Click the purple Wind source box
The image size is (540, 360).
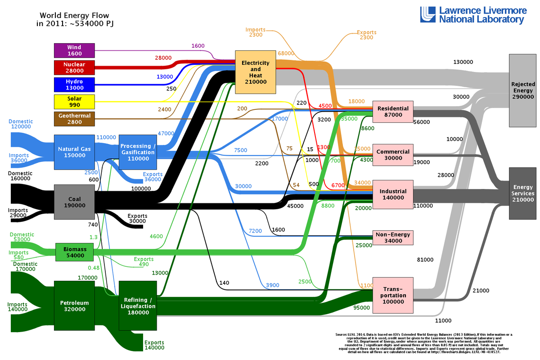[74, 50]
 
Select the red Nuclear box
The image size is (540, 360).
[74, 67]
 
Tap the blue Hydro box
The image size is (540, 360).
[74, 85]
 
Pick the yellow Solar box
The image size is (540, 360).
[74, 102]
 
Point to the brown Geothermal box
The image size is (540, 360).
[74, 119]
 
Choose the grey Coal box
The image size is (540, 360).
[74, 202]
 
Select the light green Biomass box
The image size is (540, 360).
[74, 252]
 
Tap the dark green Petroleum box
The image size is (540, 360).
[74, 306]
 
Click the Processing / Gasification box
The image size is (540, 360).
[138, 149]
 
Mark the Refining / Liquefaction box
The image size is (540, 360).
[138, 306]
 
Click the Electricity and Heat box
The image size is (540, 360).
[255, 72]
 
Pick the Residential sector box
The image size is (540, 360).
[393, 112]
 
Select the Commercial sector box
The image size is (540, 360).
[393, 155]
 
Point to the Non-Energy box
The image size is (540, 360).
[393, 238]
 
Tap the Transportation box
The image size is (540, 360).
[393, 295]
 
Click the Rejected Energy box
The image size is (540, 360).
[523, 90]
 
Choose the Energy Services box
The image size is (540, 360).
[523, 193]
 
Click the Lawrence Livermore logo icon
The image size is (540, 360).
[428, 14]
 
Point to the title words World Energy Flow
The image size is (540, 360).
[74, 15]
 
